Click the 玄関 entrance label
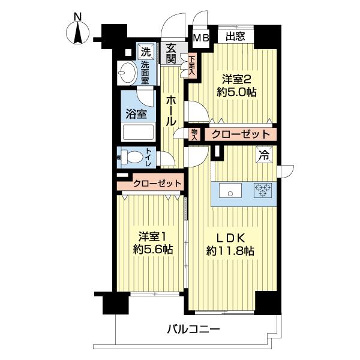pos(172,53)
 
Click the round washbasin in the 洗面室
pos(128,74)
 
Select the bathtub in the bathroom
pos(138,132)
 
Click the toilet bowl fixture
pos(137,158)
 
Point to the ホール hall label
pos(172,110)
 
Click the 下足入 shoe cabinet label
pos(191,65)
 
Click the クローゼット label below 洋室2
pos(239,134)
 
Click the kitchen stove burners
pos(263,191)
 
